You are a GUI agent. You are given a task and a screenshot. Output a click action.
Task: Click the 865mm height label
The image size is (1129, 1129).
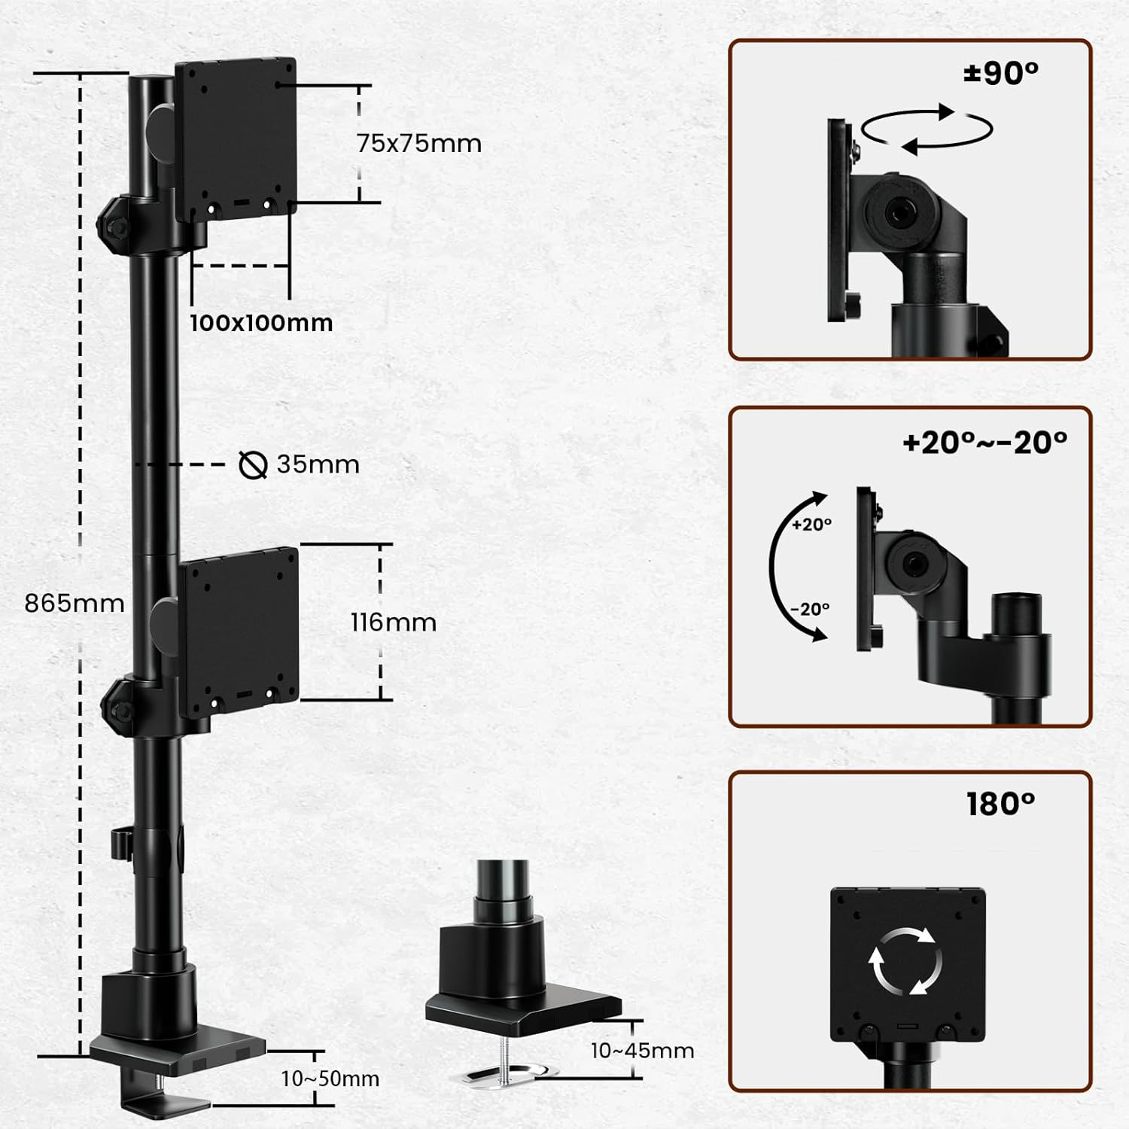75,603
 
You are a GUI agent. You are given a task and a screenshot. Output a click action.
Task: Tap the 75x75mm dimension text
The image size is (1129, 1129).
419,143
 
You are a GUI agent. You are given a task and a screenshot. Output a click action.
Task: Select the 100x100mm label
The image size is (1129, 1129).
261,322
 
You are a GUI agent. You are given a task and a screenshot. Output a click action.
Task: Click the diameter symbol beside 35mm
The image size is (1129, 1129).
253,464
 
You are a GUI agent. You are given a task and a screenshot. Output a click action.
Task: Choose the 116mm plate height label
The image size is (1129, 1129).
394,622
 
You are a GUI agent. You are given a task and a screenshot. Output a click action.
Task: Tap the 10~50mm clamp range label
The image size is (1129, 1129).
330,1079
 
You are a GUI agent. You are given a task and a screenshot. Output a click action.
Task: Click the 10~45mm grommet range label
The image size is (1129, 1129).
642,1051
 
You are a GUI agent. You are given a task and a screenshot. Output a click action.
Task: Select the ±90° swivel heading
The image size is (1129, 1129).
1001,73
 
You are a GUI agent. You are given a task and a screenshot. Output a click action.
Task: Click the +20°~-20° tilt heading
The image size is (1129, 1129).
984,443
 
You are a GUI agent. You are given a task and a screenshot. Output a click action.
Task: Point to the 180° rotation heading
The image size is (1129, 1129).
1001,804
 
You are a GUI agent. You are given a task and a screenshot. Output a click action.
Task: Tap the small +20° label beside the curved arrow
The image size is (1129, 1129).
811,525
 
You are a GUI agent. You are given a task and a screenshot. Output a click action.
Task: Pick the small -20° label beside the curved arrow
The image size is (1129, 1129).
810,608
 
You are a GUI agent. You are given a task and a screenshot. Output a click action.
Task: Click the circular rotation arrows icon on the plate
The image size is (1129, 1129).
906,960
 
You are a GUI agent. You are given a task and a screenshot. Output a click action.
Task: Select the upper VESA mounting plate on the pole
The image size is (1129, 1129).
236,140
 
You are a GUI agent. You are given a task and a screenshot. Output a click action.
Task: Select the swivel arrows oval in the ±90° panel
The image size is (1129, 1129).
927,130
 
